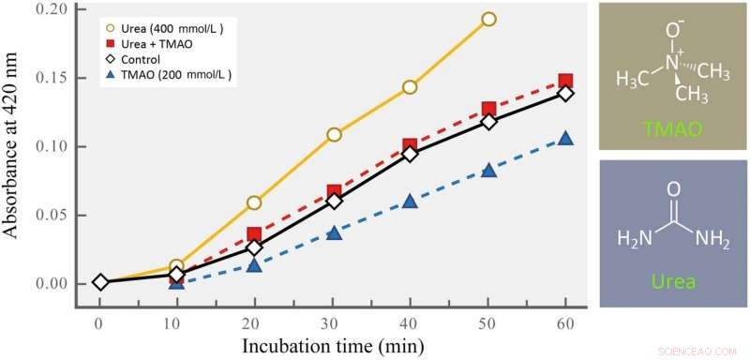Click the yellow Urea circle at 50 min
tap(488, 19)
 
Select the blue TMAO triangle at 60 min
tap(565, 139)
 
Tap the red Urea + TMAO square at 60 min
tap(565, 82)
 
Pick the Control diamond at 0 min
tap(100, 282)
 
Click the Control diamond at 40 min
tap(410, 154)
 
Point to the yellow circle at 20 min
tap(254, 202)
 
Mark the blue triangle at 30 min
tap(333, 232)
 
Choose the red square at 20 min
tap(254, 235)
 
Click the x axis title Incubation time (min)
tap(334, 344)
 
